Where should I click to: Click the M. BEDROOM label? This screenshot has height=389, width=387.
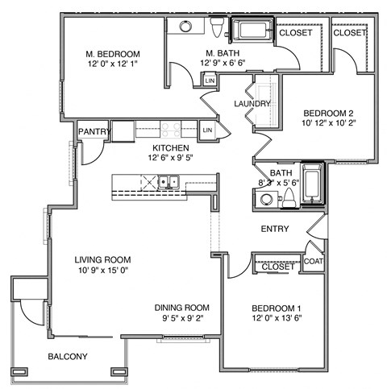pos(114,55)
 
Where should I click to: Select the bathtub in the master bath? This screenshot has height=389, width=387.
pos(252,32)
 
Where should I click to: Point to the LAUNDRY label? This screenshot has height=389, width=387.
pos(251,104)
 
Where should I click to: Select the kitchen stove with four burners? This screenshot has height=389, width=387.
pos(170,128)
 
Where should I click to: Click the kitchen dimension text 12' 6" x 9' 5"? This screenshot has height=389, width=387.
pos(168,158)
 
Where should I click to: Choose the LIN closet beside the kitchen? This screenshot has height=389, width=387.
pos(206,130)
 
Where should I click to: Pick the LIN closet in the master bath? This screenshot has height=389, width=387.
pos(210,81)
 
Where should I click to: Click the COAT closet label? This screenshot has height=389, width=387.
pos(313,260)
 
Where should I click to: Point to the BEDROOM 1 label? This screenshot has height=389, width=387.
pos(277,308)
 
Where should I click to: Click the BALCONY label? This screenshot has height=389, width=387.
pos(67,357)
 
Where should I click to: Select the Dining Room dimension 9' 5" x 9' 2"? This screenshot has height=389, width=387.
pos(182,319)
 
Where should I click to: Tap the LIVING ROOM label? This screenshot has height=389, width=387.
pos(102,259)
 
